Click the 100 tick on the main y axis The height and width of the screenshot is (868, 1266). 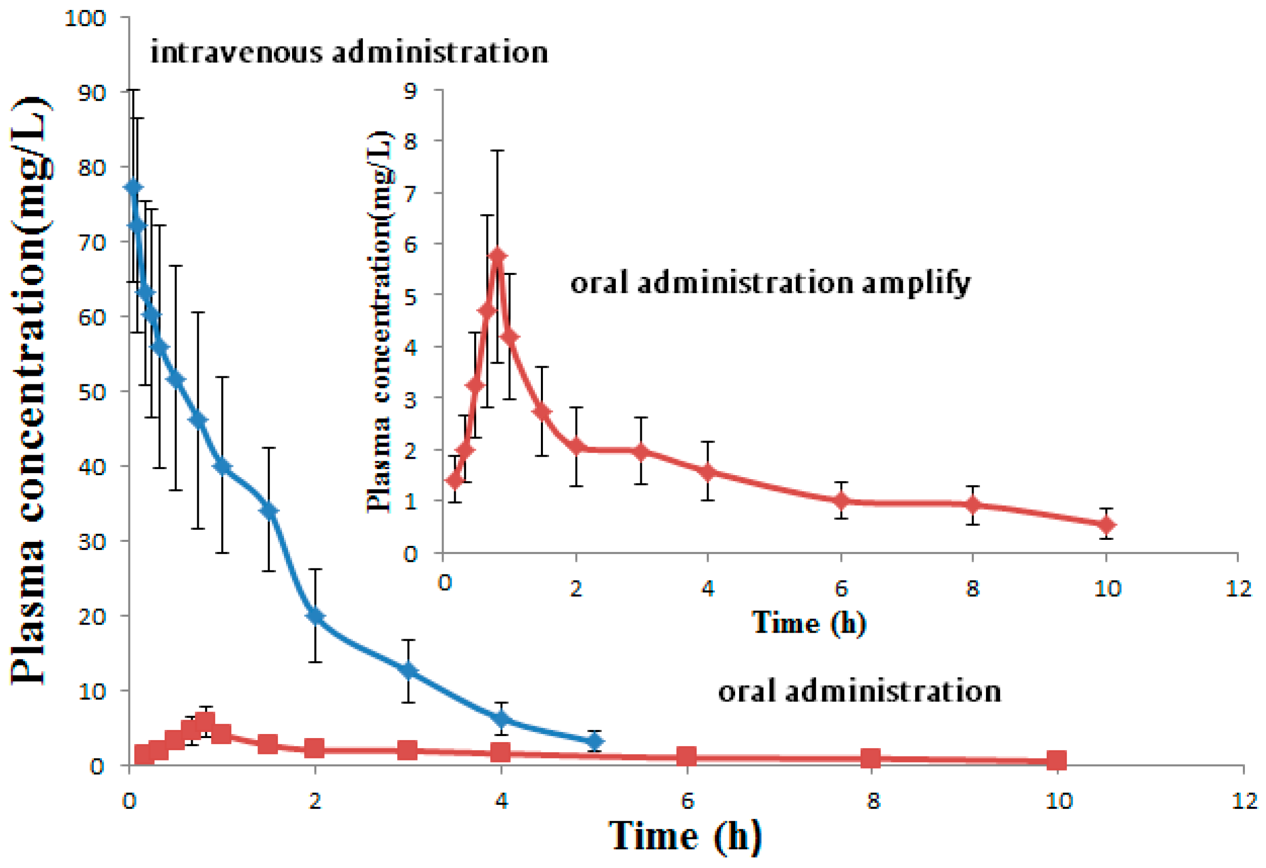[85, 19]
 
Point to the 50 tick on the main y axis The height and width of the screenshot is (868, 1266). [91, 392]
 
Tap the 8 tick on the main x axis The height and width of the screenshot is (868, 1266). [873, 801]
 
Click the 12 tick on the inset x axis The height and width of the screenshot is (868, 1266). [1239, 588]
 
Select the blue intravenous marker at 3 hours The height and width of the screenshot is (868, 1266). [408, 671]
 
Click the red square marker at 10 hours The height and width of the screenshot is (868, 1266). [1057, 760]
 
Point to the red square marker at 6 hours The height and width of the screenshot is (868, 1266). [687, 756]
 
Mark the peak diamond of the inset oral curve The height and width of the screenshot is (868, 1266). [497, 256]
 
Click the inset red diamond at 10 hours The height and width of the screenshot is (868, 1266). [1106, 525]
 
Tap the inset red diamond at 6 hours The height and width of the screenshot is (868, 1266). [841, 500]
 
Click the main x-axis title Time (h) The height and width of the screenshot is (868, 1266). [684, 836]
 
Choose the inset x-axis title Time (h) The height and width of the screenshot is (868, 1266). [808, 623]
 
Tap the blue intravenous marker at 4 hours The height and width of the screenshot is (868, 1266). [501, 719]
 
